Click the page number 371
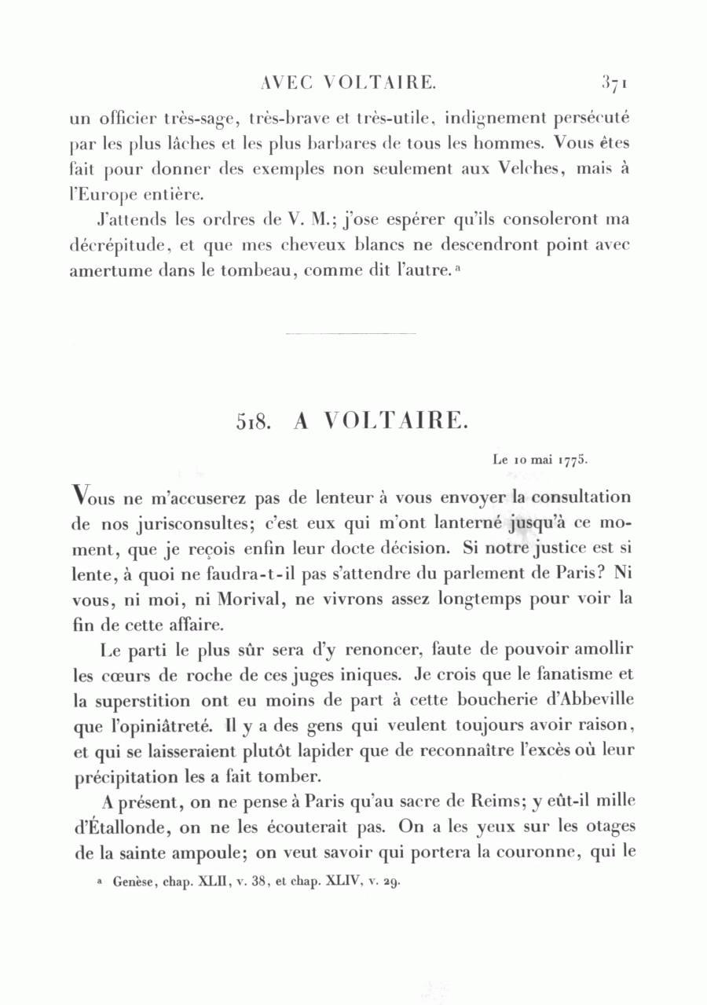[617, 82]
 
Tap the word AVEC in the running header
[283, 82]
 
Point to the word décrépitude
[115, 244]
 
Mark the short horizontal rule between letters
[351, 335]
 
